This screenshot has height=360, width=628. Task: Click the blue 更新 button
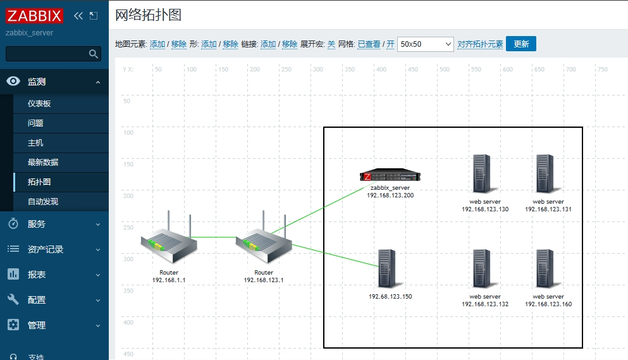(520, 44)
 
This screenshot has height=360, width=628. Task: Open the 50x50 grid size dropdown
(425, 44)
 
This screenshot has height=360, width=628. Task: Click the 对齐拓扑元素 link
(480, 44)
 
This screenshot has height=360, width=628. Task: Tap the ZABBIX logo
(35, 16)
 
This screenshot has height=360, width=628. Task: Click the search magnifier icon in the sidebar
(94, 54)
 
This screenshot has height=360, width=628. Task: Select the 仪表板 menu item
(39, 104)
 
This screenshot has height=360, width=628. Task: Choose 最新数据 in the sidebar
(43, 163)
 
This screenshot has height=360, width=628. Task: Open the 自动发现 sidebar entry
(43, 202)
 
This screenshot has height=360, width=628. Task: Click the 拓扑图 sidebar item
(39, 182)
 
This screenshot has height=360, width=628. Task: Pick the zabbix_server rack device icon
(390, 177)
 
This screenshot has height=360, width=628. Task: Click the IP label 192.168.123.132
(485, 304)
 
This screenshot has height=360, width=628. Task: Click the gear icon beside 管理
(13, 325)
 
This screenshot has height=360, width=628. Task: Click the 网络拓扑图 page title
(149, 15)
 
